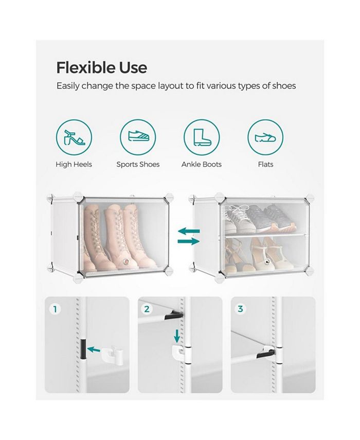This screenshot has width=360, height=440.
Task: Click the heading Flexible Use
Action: (101, 67)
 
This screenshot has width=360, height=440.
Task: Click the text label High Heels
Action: (74, 165)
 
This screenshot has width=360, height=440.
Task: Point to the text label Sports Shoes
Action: (138, 165)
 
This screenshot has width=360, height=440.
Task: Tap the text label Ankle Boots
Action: (202, 165)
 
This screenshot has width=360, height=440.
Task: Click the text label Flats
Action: (265, 165)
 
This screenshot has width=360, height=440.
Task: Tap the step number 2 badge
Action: (147, 309)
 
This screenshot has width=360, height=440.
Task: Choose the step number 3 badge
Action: (240, 309)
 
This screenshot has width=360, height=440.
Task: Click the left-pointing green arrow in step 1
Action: (94, 349)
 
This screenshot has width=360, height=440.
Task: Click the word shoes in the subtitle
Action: (284, 86)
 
